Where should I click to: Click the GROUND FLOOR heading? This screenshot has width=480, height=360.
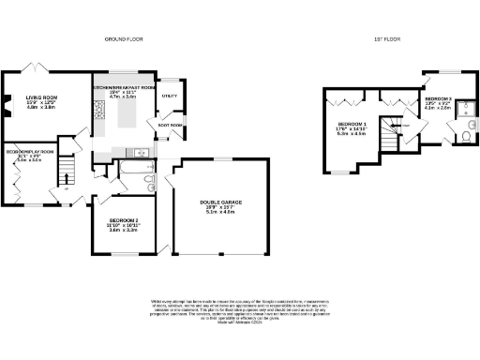122,39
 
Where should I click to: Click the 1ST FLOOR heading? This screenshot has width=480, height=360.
389,39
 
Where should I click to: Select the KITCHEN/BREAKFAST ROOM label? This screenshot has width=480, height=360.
122,85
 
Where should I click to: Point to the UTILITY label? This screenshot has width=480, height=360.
170,96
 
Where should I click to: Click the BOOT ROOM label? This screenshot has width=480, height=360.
170,125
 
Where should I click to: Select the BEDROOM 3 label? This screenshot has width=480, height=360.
439,98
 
